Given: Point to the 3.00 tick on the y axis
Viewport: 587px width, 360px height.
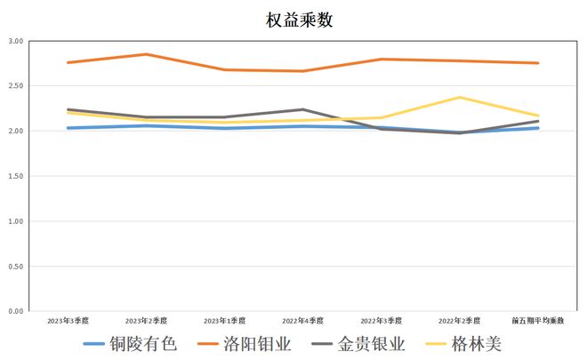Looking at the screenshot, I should tap(16, 41).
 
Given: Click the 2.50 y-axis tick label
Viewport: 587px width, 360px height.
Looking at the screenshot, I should tap(16, 86).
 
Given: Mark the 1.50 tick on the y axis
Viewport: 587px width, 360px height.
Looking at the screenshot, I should tap(16, 176).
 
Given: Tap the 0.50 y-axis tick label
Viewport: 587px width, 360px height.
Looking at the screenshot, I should tap(16, 267).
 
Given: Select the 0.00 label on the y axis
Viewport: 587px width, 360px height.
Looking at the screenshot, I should tap(16, 312).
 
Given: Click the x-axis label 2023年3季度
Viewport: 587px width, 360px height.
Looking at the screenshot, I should tap(68, 320).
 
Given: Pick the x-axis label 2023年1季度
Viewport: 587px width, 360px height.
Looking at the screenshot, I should tap(224, 320).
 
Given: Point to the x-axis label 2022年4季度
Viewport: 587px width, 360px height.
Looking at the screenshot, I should tap(303, 320).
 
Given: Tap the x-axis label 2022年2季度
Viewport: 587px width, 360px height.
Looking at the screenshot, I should tap(460, 320).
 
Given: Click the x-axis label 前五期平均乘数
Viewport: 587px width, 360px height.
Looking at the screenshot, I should tap(538, 320).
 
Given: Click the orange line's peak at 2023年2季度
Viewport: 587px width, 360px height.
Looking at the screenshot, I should tap(147, 54).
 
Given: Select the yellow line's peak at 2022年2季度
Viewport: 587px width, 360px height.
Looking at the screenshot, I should tap(460, 98).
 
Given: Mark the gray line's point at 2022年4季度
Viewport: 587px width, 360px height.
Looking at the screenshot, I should tap(303, 109).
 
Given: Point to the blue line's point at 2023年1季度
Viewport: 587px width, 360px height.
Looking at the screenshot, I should tap(224, 128).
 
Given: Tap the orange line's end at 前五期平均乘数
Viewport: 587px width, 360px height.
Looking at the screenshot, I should tap(538, 63).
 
